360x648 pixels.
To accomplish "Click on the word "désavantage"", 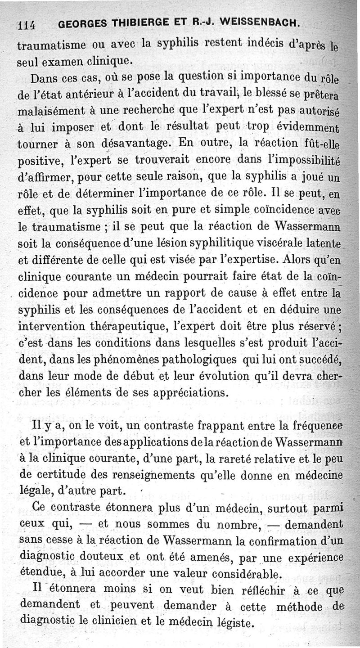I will [135, 145].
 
